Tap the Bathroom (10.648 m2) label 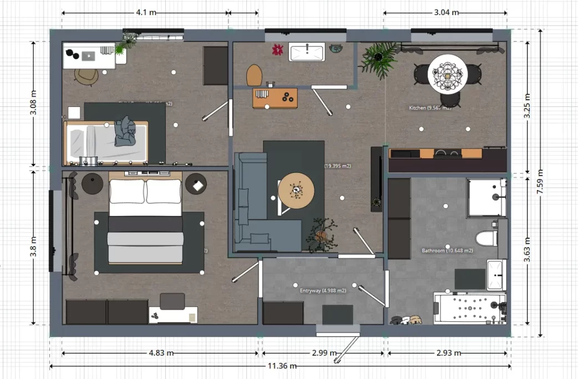[x=447, y=250]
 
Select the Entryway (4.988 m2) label [x=323, y=290]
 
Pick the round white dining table [x=448, y=74]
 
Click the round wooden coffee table [x=296, y=191]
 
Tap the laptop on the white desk [x=89, y=55]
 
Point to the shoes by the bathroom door [x=407, y=320]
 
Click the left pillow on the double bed [x=127, y=191]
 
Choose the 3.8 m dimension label [x=34, y=247]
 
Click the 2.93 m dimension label [x=447, y=352]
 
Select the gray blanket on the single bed [x=125, y=131]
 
